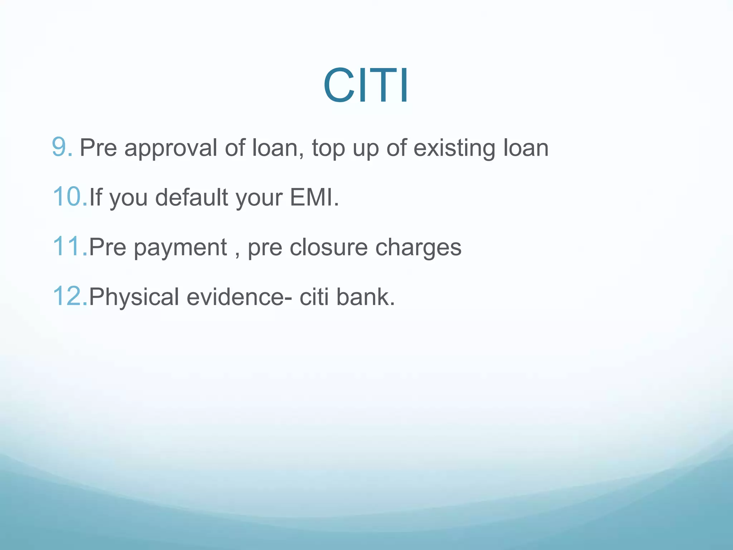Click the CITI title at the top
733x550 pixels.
[x=366, y=86]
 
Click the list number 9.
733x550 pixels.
[x=62, y=147]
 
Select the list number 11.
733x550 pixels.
[x=69, y=247]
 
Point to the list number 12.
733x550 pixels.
[x=69, y=296]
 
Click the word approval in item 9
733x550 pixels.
[x=171, y=148]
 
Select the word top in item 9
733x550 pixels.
[x=328, y=148]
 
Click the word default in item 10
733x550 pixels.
[x=191, y=198]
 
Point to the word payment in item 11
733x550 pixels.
[x=180, y=248]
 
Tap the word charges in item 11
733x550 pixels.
[x=418, y=248]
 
